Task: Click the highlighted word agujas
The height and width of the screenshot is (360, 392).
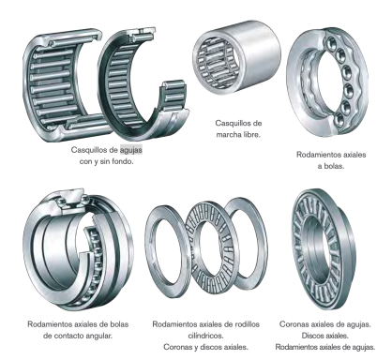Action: coord(131,150)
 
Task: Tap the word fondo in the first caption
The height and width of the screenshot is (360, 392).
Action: coord(123,162)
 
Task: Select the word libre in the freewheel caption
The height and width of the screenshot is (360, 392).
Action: coord(251,135)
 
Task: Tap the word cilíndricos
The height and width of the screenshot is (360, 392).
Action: coord(205,336)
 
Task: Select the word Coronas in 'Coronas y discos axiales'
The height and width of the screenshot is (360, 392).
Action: coord(176,347)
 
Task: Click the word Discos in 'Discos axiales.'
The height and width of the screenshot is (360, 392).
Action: coord(312,336)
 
